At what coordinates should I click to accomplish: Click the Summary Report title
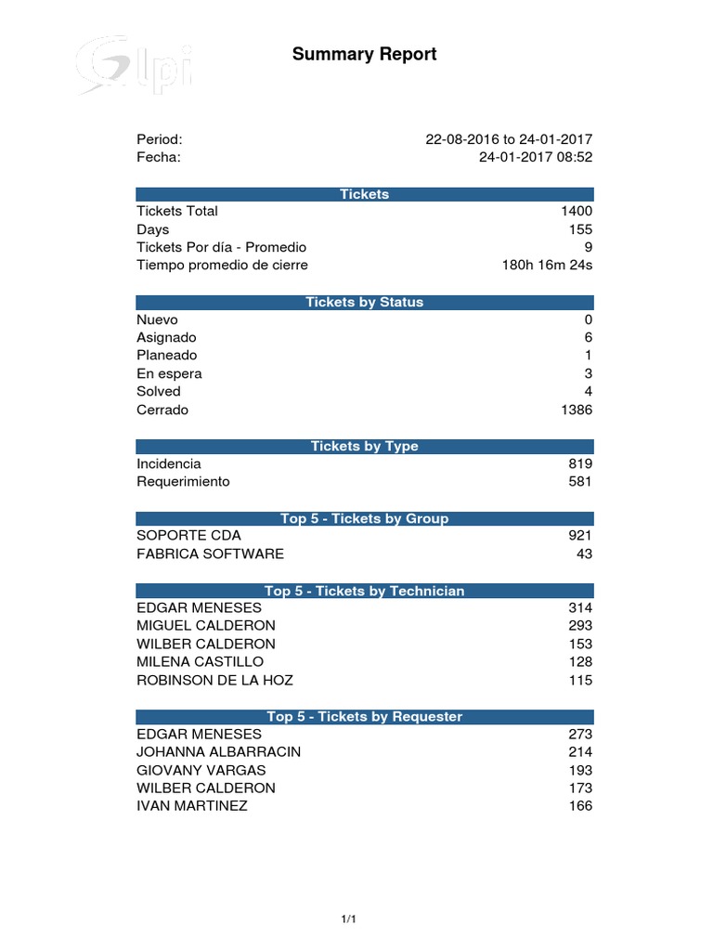[x=364, y=55]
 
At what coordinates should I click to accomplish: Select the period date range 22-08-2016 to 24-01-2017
[x=508, y=139]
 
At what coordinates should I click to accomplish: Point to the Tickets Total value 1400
[x=576, y=212]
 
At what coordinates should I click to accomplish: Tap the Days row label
[x=152, y=229]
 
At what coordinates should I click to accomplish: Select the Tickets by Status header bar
[x=364, y=302]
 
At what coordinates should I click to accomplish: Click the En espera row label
[x=169, y=373]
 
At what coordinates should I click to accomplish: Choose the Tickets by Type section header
[x=364, y=447]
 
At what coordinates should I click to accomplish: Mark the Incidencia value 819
[x=580, y=463]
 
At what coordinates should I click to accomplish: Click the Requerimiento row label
[x=183, y=482]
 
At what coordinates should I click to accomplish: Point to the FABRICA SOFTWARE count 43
[x=584, y=554]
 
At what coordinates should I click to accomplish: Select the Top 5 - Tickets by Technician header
[x=364, y=591]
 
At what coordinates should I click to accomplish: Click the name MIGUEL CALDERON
[x=206, y=626]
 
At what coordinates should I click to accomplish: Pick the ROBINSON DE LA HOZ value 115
[x=580, y=681]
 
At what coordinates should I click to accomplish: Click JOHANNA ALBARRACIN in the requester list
[x=218, y=752]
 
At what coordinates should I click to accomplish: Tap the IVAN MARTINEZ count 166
[x=580, y=806]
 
